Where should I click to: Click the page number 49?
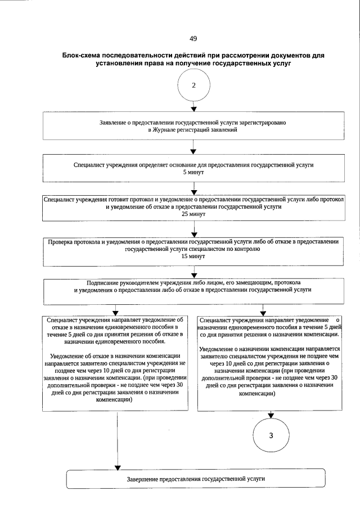193,39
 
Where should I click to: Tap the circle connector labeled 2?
193,85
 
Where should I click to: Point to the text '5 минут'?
193,173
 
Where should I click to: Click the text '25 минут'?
193,214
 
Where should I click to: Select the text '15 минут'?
193,256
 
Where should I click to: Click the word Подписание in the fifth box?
105,282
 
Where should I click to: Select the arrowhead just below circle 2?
193,109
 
